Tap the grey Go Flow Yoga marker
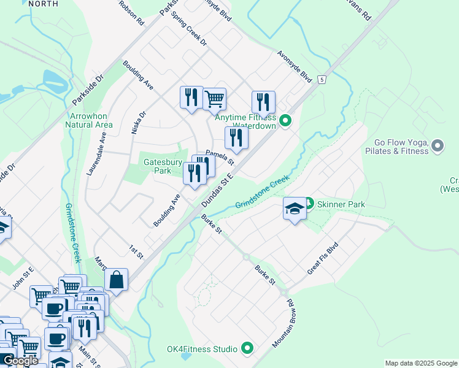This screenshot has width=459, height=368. click(437, 146)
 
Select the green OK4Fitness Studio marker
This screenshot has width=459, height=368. click(247, 349)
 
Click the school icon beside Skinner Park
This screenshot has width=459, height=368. click(294, 209)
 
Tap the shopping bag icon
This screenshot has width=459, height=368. click(116, 280)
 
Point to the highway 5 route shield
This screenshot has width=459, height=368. click(322, 80)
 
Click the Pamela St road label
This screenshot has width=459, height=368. click(220, 158)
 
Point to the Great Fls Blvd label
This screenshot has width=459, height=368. click(323, 258)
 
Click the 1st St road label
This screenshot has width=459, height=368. click(136, 251)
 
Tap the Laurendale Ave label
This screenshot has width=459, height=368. click(96, 156)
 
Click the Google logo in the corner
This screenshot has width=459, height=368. click(20, 361)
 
